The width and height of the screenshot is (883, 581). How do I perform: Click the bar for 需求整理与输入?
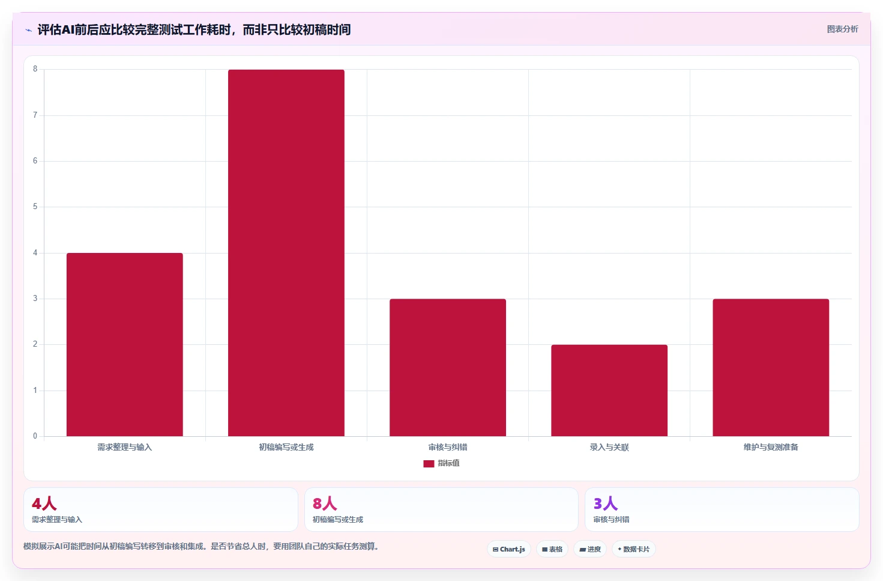pos(125,344)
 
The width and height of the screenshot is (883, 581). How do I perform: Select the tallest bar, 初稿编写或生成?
pos(286,253)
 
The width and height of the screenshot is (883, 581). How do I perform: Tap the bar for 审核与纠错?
pos(448,367)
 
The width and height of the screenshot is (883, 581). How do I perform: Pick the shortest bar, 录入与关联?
pos(609,391)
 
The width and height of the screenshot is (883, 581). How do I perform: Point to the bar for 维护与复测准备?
pos(771,367)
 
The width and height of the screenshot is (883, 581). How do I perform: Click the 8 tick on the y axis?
pos(35,69)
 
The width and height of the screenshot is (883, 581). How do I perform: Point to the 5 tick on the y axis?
pos(35,207)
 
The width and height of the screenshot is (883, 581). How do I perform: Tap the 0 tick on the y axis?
pos(35,436)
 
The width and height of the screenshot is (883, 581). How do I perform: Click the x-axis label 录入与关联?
pos(609,447)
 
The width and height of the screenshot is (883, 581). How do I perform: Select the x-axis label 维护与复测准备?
pos(771,447)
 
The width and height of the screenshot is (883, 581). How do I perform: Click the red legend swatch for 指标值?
pos(429,463)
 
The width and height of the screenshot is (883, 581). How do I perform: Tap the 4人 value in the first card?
pos(44,503)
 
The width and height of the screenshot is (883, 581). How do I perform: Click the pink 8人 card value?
pos(325,503)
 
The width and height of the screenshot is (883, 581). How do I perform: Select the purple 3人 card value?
pos(606,503)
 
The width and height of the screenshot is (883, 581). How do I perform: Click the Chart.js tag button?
pos(509,549)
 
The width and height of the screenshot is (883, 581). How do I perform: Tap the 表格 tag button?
pos(552,549)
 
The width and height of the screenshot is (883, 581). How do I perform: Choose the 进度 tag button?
pos(590,549)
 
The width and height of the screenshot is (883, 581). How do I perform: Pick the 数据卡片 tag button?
pos(634,549)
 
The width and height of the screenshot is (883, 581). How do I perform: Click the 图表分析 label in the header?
pos(842,29)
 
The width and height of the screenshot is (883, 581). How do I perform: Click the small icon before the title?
pos(28,30)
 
